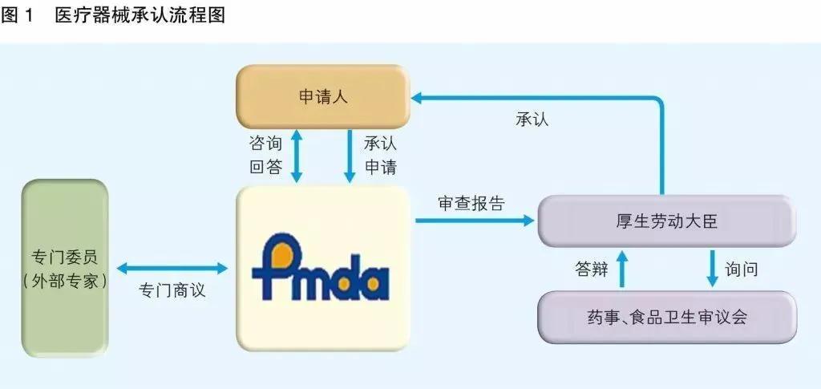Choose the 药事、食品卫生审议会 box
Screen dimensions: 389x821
click(x=666, y=316)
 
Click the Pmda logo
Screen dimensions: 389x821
click(x=321, y=269)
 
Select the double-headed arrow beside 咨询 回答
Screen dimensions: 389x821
click(x=297, y=155)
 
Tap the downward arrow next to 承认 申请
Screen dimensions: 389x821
click(x=350, y=155)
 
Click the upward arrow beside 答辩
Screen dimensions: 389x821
click(x=622, y=269)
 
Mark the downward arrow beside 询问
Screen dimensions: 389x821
click(x=711, y=269)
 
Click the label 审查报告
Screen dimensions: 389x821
click(x=471, y=203)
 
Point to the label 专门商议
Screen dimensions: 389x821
click(x=172, y=290)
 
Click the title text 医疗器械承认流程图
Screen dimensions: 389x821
click(x=140, y=16)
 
